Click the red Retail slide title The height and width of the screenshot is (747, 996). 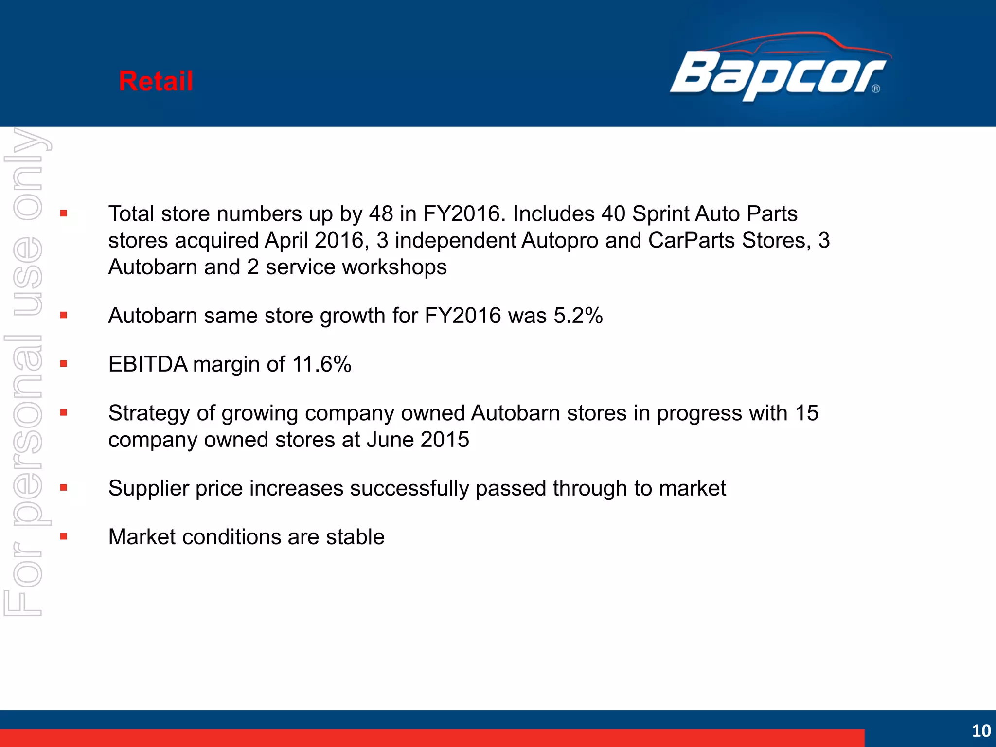(x=156, y=81)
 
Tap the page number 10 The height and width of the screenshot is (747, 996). (x=981, y=730)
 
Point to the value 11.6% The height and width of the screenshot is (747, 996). (x=321, y=364)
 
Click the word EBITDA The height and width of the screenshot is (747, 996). (x=148, y=364)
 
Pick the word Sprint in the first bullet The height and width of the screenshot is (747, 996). (x=660, y=214)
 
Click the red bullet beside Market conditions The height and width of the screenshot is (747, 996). (x=64, y=537)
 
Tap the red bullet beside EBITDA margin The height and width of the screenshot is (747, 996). (x=64, y=364)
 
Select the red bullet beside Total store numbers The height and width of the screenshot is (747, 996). (x=64, y=213)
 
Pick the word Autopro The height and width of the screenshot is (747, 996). (x=560, y=241)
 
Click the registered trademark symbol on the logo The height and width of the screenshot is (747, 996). (x=876, y=89)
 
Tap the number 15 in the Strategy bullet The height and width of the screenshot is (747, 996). (x=807, y=413)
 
